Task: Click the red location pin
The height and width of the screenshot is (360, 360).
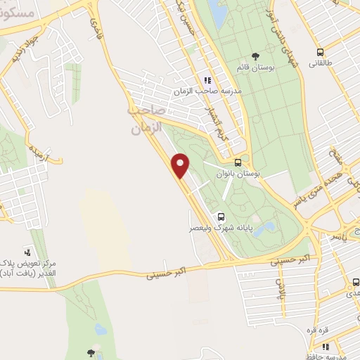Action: coord(181,165)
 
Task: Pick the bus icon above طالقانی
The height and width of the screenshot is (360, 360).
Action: coord(321,51)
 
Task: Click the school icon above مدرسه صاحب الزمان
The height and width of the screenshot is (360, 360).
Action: coord(207,80)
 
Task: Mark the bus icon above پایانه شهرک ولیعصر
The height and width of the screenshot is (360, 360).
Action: coord(220,217)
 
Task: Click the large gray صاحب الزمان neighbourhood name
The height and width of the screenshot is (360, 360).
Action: coord(146,120)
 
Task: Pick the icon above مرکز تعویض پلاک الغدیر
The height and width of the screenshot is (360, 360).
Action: coord(27,251)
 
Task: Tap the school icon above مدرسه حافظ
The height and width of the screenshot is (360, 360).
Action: coord(326,345)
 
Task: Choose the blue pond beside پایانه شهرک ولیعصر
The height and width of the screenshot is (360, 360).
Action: coord(265,229)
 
